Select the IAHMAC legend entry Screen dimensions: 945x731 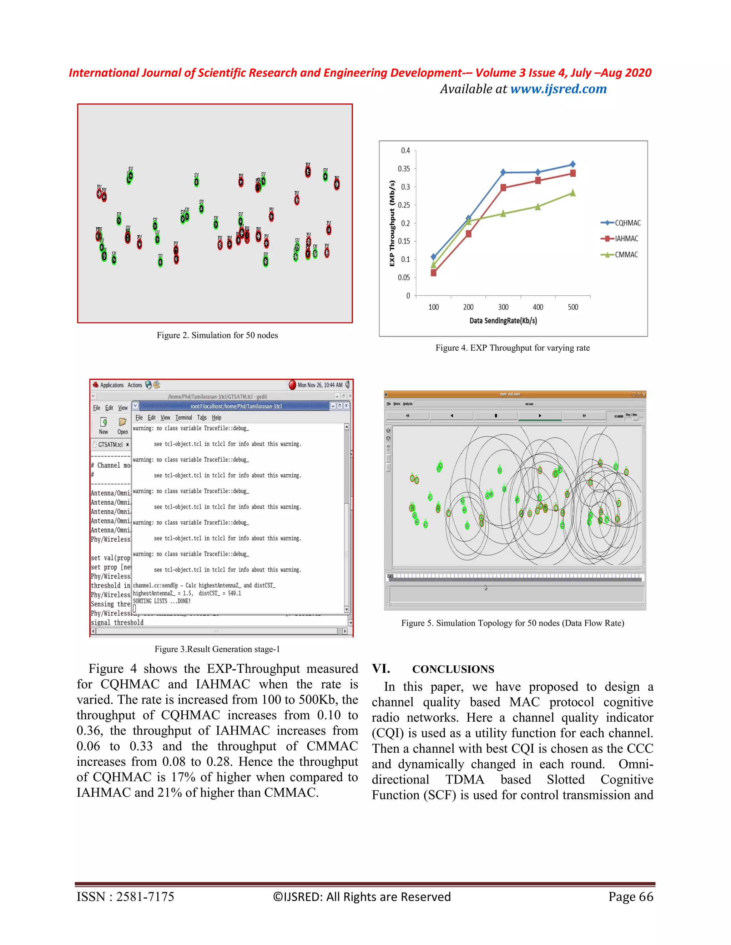pyautogui.click(x=626, y=239)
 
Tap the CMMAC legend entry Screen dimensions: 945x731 pyautogui.click(x=626, y=254)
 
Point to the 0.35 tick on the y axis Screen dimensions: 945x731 pyautogui.click(x=404, y=169)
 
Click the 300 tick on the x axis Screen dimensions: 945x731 pyautogui.click(x=503, y=307)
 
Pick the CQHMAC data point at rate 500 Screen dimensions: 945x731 pyautogui.click(x=573, y=164)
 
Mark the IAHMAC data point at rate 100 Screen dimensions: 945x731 pyautogui.click(x=433, y=272)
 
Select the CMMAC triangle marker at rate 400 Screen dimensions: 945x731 pyautogui.click(x=538, y=207)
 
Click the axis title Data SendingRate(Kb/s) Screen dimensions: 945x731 pyautogui.click(x=503, y=321)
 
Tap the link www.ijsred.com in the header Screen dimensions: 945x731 pyautogui.click(x=558, y=89)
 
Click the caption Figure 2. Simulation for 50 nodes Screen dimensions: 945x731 pyautogui.click(x=217, y=335)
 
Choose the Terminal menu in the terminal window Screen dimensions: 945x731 pyautogui.click(x=183, y=418)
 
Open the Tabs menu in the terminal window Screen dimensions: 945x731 pyautogui.click(x=202, y=418)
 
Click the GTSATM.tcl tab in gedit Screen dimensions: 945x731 pyautogui.click(x=110, y=444)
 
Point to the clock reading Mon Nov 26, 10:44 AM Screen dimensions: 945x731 pyautogui.click(x=320, y=385)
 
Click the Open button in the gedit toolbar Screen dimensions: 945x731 pyautogui.click(x=122, y=426)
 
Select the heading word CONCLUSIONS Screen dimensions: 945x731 pyautogui.click(x=453, y=669)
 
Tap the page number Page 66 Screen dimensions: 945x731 pyautogui.click(x=631, y=897)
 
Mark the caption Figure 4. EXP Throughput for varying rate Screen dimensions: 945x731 pyautogui.click(x=512, y=348)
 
